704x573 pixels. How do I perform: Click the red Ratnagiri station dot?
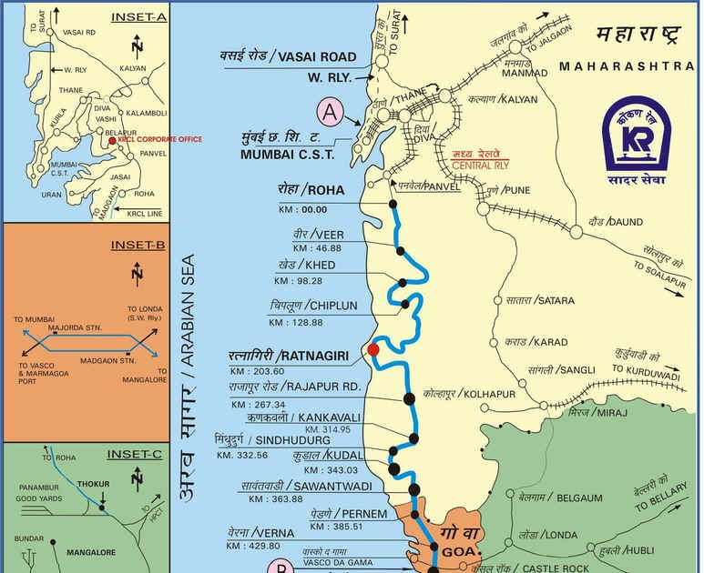(373, 348)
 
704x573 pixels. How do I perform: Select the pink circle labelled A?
(330, 113)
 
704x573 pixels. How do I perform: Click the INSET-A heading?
(139, 17)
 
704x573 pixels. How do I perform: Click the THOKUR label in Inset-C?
(100, 485)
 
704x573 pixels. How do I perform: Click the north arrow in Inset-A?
(136, 45)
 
